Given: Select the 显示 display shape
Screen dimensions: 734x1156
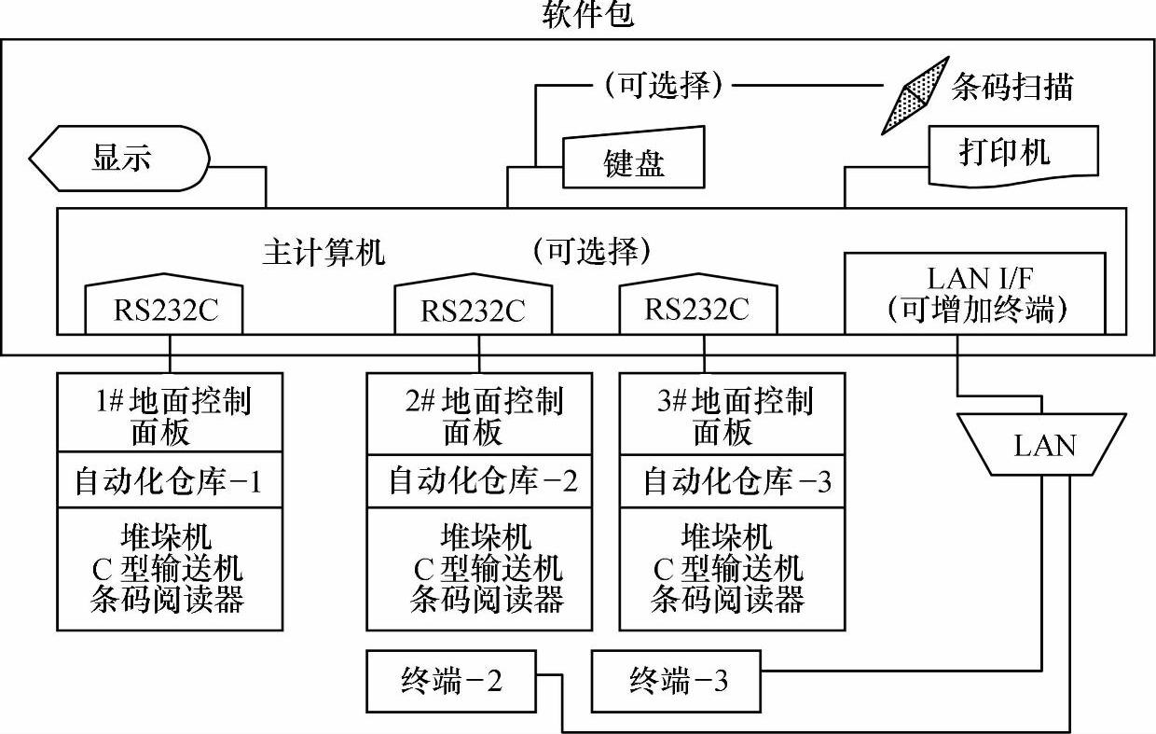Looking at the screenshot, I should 119,158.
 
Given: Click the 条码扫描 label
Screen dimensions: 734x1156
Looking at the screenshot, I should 1011,87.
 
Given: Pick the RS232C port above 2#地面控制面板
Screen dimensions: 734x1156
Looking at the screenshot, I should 473,307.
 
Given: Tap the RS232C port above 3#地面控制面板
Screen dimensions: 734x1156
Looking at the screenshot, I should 697,307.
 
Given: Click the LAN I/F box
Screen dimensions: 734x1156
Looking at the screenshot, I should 974,293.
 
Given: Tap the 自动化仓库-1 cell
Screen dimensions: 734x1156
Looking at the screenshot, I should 169,481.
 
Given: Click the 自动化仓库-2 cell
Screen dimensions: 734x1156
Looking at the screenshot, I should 479,481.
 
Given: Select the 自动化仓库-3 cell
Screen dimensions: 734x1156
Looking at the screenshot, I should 733,481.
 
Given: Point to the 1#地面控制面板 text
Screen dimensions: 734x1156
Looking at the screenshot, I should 170,416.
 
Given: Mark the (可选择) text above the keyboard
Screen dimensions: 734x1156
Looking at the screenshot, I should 663,86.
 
